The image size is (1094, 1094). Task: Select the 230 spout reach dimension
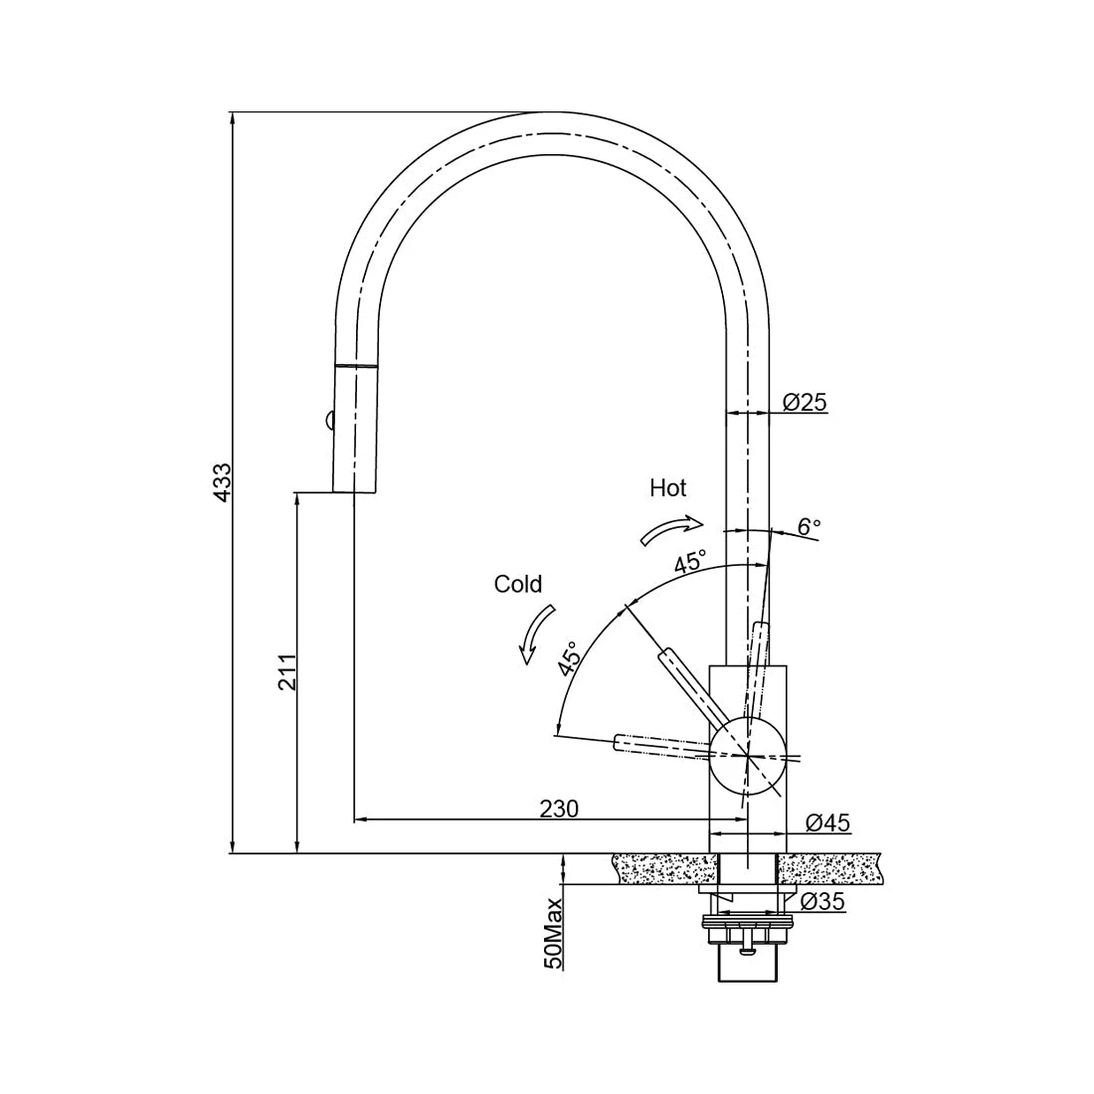tap(559, 809)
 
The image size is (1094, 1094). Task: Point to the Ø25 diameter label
tap(805, 402)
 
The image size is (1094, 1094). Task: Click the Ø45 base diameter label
tap(827, 822)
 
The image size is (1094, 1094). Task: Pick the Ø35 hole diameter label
tap(821, 902)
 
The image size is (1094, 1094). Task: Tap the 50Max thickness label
tap(554, 932)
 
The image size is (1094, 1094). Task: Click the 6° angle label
tap(810, 526)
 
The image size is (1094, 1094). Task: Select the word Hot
tap(667, 487)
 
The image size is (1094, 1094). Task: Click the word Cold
tap(517, 584)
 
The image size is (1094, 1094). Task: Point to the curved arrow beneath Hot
tap(671, 529)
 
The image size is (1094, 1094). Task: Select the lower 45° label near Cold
tap(569, 659)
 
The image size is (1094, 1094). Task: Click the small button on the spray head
tap(326, 422)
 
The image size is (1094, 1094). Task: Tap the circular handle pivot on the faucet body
tap(747, 755)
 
